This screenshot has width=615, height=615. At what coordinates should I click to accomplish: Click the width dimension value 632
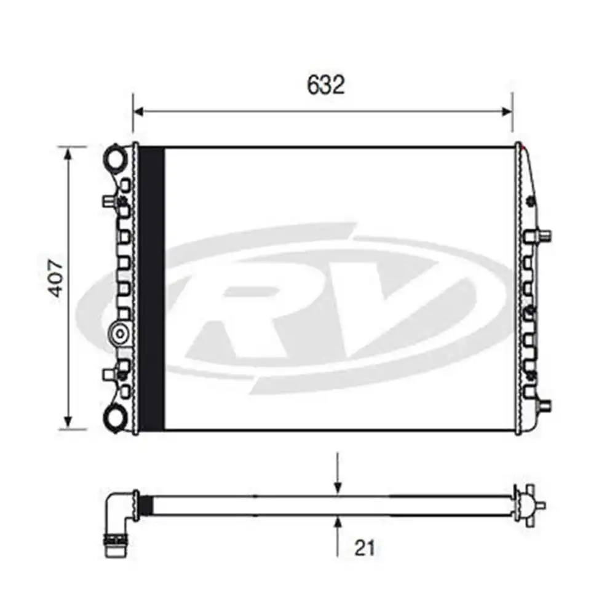[x=326, y=85]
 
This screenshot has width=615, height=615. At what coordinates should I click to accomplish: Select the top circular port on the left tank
[x=116, y=157]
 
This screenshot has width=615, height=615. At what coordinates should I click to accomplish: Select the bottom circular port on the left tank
[x=116, y=416]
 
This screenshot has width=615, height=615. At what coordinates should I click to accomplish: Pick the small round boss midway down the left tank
[x=119, y=333]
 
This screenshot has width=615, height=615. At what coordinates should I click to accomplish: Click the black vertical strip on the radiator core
[x=152, y=288]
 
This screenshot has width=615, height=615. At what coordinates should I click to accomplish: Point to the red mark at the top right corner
[x=522, y=146]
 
